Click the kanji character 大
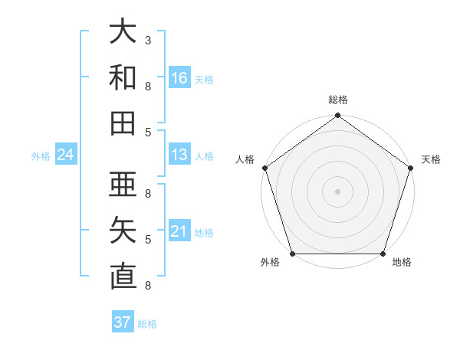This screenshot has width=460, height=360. [123, 31]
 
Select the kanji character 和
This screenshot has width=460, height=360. [123, 77]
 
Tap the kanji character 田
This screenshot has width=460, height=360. [123, 123]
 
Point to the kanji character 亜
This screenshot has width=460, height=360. [123, 185]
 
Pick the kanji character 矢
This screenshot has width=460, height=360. [123, 231]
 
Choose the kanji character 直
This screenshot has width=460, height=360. [123, 276]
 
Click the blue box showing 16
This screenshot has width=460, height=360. [179, 77]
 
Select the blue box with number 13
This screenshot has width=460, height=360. [179, 155]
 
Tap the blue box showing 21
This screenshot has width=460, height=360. [179, 231]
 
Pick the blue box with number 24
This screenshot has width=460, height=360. [65, 155]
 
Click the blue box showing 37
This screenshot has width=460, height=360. [122, 322]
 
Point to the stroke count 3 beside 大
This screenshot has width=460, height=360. [147, 40]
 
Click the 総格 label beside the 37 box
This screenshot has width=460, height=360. [147, 324]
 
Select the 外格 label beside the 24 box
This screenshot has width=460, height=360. [41, 156]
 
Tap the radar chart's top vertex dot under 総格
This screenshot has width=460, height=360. [337, 116]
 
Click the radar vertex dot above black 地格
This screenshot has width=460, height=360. [383, 254]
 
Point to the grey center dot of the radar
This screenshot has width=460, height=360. [337, 191]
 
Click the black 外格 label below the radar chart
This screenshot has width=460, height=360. [270, 263]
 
